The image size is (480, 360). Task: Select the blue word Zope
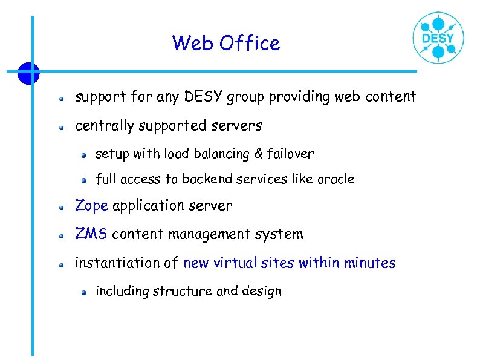click(x=91, y=206)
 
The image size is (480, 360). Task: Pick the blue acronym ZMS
click(x=91, y=234)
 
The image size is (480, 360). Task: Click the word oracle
click(x=336, y=179)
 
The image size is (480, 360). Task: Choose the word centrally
click(x=105, y=126)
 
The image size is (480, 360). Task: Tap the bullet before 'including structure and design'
click(x=84, y=292)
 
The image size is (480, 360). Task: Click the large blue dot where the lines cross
click(x=28, y=73)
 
